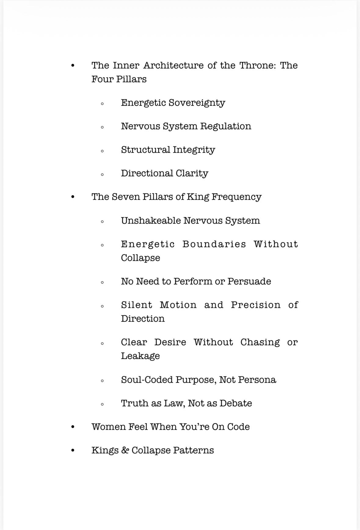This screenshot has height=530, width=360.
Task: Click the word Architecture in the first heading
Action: (173, 65)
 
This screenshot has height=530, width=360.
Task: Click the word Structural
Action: (145, 150)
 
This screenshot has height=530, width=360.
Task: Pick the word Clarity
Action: (192, 174)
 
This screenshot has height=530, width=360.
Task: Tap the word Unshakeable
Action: (151, 221)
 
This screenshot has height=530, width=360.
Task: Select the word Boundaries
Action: (214, 244)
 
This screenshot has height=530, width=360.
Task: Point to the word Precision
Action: (256, 305)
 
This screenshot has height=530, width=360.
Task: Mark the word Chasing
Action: (260, 342)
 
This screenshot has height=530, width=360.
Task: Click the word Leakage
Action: (140, 356)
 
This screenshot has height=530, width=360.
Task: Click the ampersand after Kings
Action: (125, 450)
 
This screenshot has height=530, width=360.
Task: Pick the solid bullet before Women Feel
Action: (72, 427)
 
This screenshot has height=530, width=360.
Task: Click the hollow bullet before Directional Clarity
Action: (102, 174)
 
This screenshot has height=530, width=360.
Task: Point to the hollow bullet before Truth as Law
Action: (102, 404)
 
